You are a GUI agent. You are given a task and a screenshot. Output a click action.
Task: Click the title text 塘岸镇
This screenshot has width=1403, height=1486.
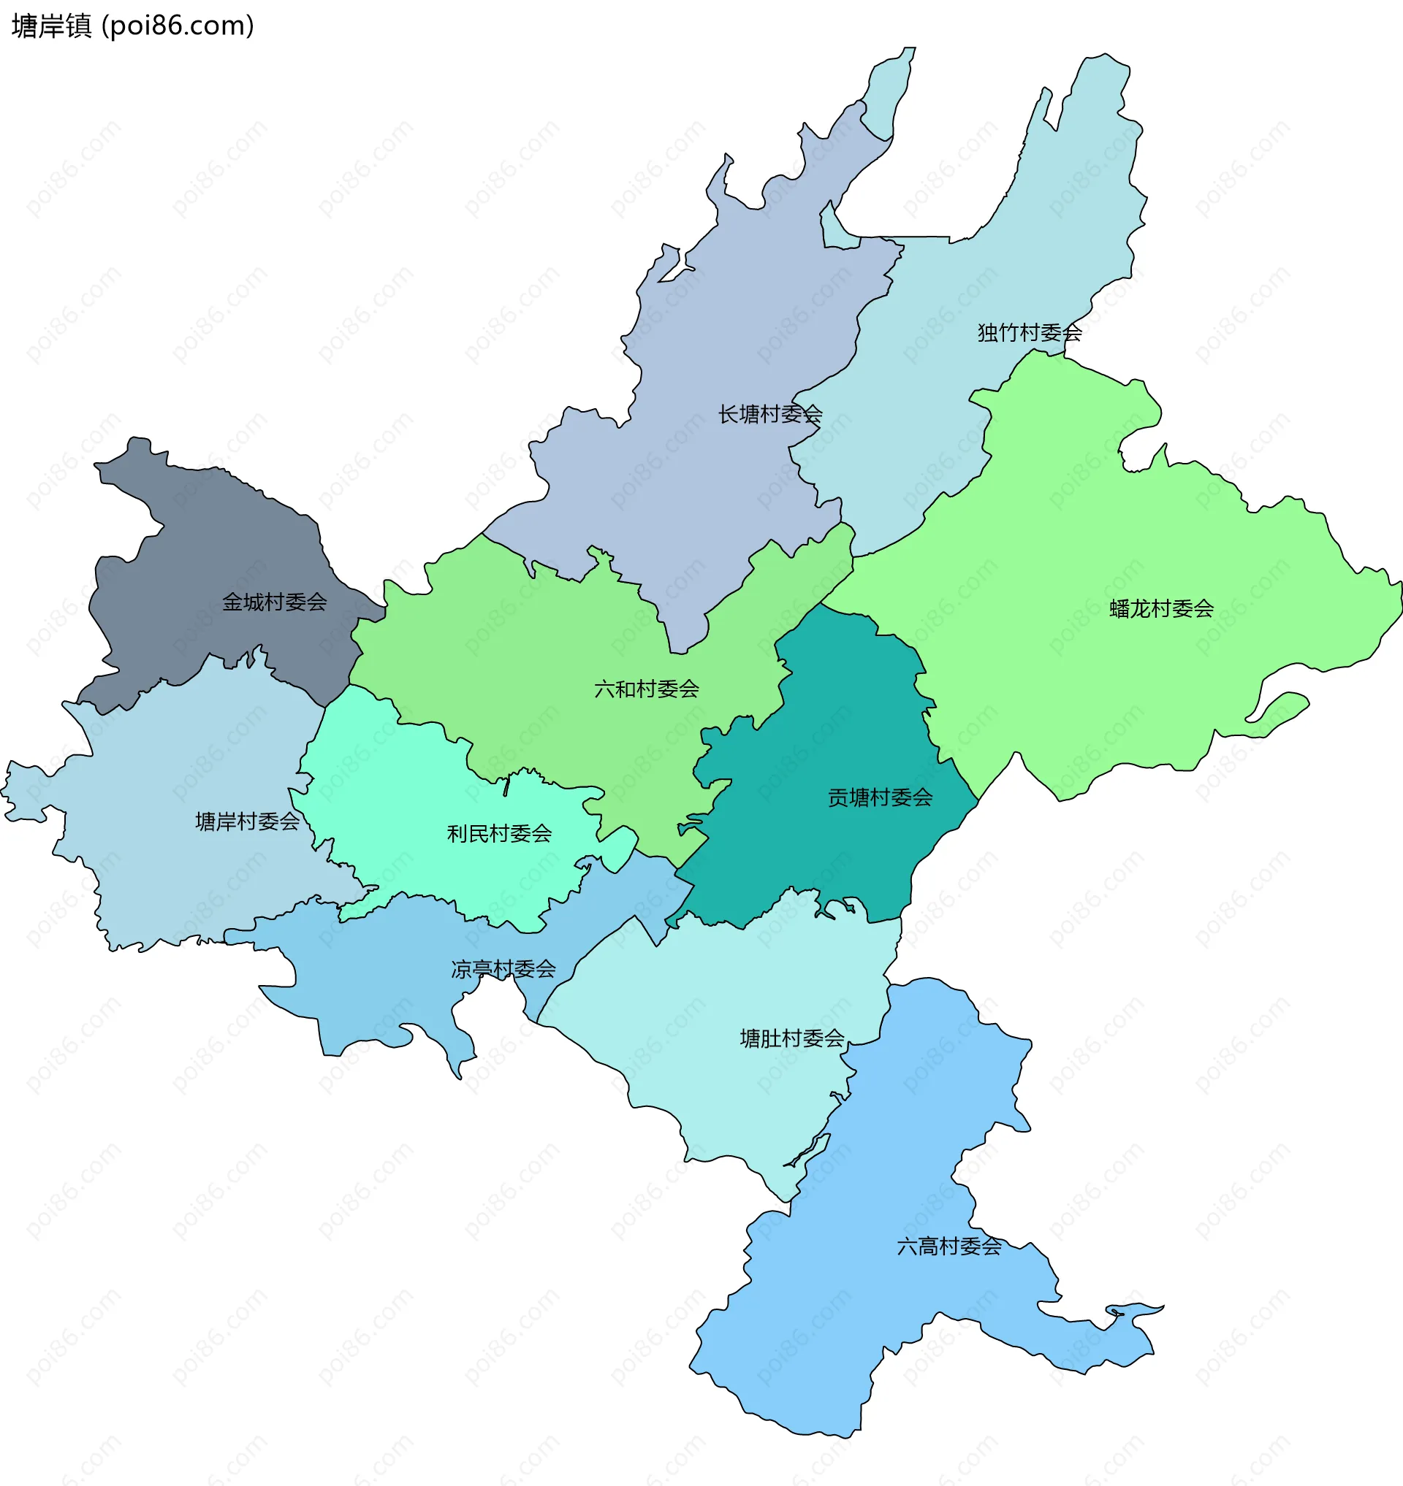click(51, 26)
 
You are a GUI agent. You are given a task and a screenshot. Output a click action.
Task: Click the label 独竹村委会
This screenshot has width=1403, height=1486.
click(1029, 333)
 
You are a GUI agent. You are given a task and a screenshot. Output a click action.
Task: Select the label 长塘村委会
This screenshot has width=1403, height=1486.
click(769, 414)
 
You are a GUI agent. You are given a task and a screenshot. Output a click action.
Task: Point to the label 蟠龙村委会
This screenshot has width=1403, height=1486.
click(1160, 609)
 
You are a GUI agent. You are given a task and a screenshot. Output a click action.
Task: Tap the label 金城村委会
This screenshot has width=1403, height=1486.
click(275, 602)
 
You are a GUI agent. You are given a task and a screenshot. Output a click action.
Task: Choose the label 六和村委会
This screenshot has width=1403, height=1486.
click(646, 689)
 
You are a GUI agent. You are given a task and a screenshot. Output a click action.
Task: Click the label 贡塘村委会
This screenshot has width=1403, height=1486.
click(880, 797)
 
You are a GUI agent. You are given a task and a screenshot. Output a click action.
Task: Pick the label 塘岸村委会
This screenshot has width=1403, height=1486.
click(247, 821)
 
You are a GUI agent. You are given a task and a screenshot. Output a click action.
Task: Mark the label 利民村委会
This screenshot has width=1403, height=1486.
click(499, 833)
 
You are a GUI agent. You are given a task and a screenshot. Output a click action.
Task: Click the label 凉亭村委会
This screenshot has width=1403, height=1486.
click(503, 970)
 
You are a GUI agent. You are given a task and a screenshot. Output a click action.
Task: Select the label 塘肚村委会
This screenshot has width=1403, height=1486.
click(791, 1038)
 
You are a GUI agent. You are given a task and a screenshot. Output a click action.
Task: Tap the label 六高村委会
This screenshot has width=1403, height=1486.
click(948, 1246)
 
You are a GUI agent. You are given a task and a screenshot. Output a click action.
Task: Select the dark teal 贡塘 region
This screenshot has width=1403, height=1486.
click(837, 718)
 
